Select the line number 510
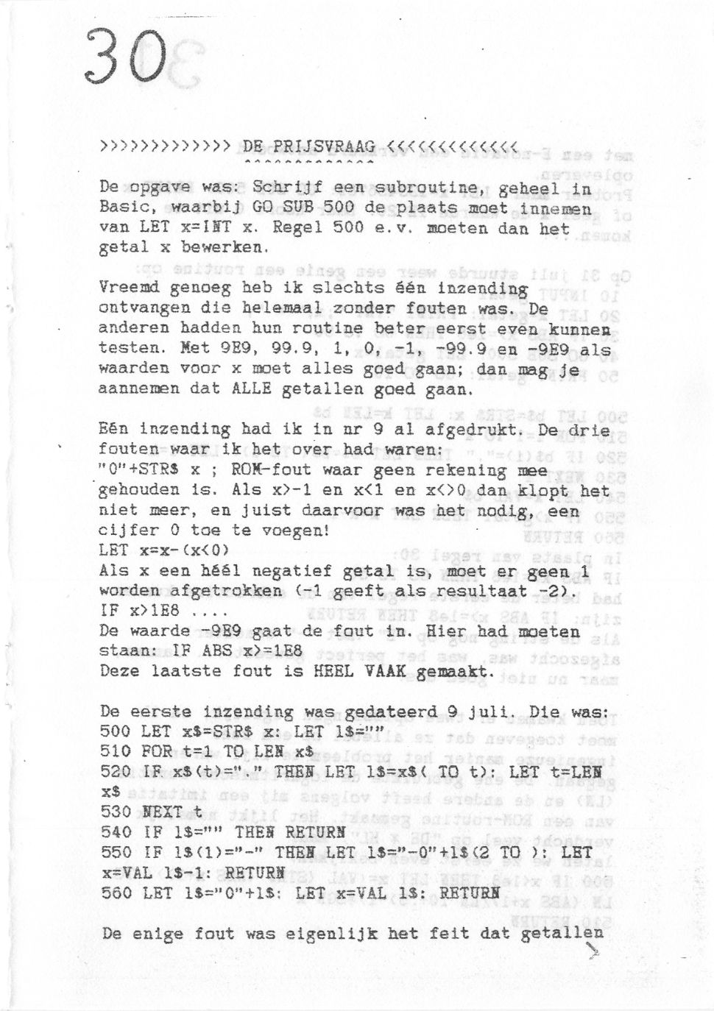(115, 751)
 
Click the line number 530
(115, 812)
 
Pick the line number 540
(115, 832)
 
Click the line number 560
(115, 893)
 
